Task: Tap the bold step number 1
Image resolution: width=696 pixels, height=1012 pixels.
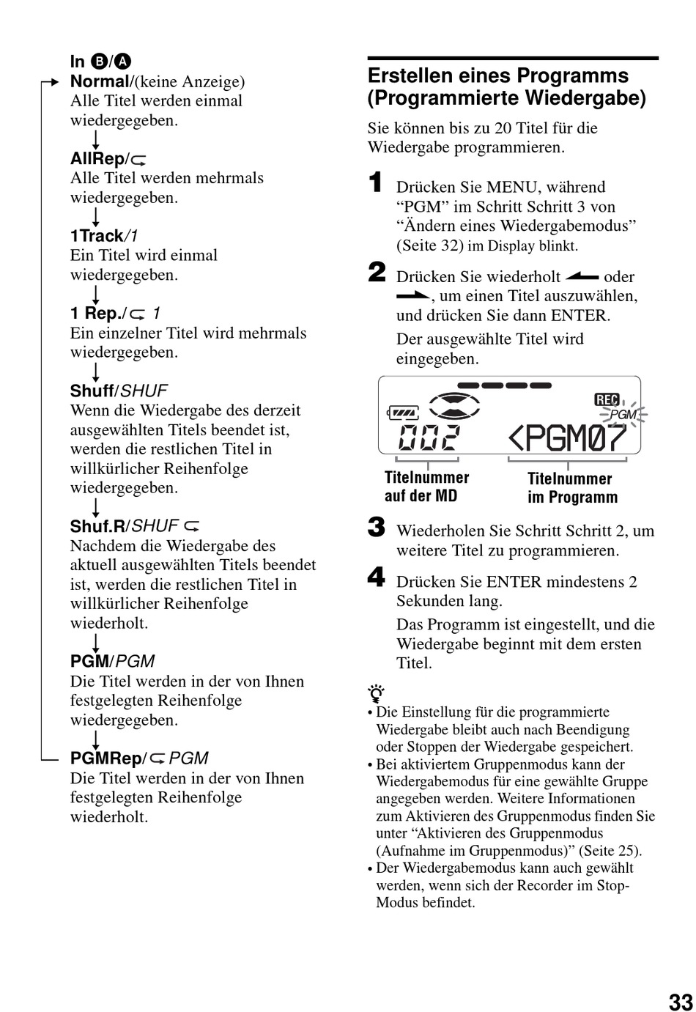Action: coord(375,182)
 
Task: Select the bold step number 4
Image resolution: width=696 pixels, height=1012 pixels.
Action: coord(377,577)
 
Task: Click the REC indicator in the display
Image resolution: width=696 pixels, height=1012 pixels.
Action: coord(606,399)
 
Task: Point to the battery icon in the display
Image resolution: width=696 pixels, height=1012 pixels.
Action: coord(402,413)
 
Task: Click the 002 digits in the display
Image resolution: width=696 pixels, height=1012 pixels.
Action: coord(429,437)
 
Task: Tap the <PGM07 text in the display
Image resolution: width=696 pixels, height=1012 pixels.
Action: coord(567,437)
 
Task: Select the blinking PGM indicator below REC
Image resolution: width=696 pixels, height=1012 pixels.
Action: coord(623,414)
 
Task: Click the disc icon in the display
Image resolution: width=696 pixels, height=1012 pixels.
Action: coord(453,405)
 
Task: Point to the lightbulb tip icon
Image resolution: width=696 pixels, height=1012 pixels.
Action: coord(376,693)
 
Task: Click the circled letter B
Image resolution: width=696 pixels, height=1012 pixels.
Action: coord(98,61)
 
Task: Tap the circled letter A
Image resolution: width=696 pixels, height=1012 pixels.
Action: coord(122,61)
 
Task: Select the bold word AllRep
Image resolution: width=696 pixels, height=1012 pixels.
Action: coord(97,158)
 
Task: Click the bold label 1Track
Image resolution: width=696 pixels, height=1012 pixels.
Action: coord(97,236)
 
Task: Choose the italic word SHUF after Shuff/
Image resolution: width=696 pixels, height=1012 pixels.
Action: coord(144,391)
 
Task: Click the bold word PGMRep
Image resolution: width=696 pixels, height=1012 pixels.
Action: coord(106,758)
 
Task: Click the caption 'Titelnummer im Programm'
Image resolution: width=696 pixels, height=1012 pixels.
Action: coord(571,487)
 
